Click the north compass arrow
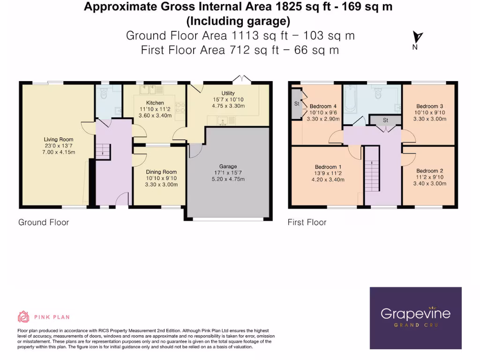pos(417,37)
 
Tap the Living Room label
pos(59,139)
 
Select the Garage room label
pos(228,166)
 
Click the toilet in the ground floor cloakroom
pos(104,90)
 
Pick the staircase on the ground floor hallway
pos(102,151)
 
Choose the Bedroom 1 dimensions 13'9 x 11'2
pos(328,173)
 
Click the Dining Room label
pos(161,172)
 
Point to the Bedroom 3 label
pos(429,106)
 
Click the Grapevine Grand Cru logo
pos(415,318)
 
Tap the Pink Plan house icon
pos(23,317)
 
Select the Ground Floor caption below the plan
pos(43,222)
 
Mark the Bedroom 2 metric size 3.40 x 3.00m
pos(429,183)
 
